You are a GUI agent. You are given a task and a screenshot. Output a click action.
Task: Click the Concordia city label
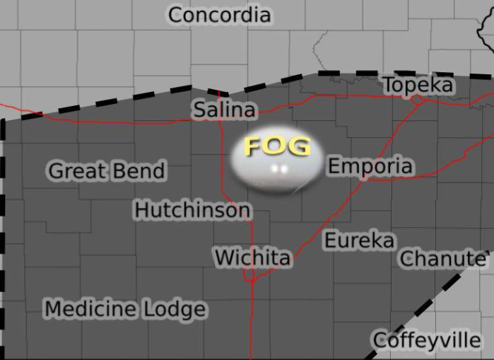pos(219,15)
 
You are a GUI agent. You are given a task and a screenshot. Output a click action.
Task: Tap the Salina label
pos(224,110)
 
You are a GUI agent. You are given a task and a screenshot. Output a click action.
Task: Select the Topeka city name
pos(418,85)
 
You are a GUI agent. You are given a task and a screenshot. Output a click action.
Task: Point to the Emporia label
pos(370,166)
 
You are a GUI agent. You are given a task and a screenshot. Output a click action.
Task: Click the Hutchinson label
pos(192,210)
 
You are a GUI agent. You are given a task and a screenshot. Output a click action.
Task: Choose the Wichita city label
pos(252,257)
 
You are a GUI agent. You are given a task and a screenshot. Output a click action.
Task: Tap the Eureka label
pos(359,240)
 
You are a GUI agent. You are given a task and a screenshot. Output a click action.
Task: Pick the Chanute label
pos(442,259)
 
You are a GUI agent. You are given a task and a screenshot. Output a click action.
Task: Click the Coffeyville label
pos(427,340)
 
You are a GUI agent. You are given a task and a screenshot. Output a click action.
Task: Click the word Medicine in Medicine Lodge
pos(90,309)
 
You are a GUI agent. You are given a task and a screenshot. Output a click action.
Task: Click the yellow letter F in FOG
pos(254,146)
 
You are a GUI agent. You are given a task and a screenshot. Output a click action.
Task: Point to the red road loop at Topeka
pos(418,100)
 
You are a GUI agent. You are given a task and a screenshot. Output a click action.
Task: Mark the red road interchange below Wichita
pos(252,279)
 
